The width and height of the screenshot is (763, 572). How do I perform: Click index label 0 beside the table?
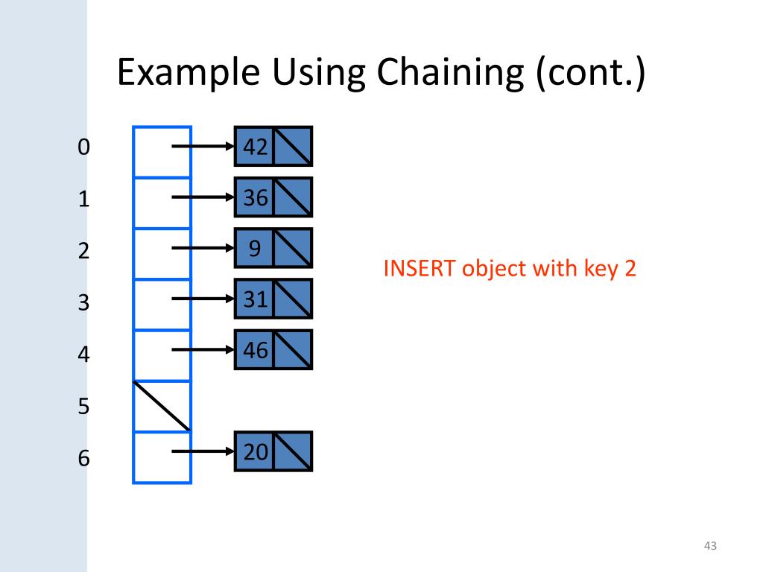coord(83,147)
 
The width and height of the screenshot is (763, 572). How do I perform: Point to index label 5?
coord(83,407)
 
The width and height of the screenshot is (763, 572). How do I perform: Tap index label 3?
coord(83,303)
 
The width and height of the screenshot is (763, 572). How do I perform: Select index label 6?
coord(83,458)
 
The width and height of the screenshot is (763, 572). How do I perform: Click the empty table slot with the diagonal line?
coord(162,406)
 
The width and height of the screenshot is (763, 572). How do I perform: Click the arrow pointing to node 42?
coord(203,147)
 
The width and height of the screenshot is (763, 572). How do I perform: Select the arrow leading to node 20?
coord(203,451)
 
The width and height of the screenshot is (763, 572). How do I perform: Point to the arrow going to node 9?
coord(203,248)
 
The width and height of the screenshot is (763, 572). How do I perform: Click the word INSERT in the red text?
coord(419,269)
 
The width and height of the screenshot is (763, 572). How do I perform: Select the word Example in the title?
coord(189,74)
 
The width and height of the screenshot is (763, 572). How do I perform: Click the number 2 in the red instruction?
coord(630,269)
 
